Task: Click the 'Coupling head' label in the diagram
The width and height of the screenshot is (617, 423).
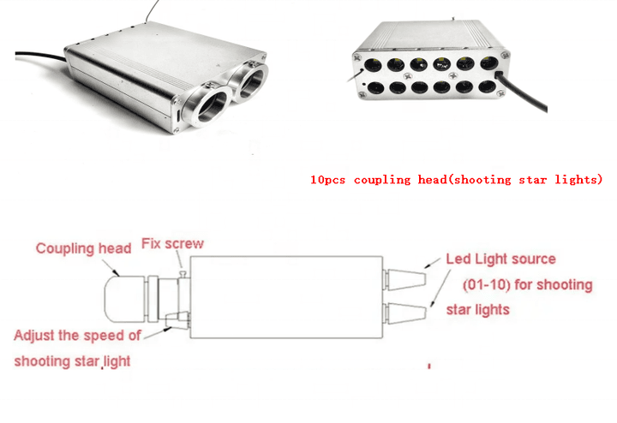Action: point(83,248)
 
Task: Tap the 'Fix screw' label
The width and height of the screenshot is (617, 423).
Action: point(173,244)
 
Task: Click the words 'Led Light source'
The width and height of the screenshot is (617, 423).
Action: point(501,259)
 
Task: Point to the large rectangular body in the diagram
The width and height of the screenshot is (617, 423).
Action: point(286,297)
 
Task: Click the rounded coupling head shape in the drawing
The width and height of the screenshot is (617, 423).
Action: point(124,299)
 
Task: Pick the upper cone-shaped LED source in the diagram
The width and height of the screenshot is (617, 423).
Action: point(405,280)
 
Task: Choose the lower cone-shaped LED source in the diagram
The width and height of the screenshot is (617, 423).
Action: point(405,313)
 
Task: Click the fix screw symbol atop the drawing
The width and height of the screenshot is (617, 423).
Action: point(183,273)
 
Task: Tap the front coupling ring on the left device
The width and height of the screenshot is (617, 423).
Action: point(207,105)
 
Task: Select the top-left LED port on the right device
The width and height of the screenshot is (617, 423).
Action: point(373,64)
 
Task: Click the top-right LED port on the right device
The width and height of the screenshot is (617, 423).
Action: point(489,63)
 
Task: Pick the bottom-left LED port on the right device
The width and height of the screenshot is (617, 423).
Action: point(376,87)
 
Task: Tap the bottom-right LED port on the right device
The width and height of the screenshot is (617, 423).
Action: point(487,86)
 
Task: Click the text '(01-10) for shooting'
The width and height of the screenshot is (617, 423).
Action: point(527,284)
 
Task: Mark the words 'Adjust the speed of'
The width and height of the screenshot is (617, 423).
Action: point(77,336)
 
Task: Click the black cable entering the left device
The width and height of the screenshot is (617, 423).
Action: point(39,56)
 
